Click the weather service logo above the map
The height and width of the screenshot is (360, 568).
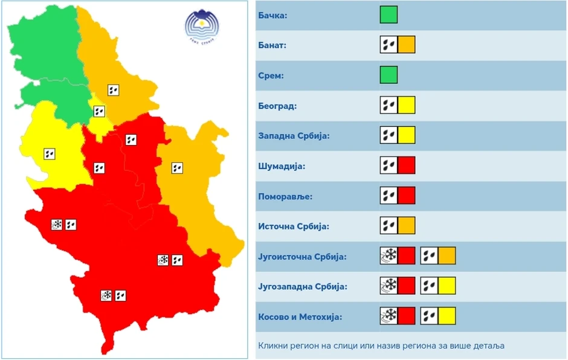pos(202,27)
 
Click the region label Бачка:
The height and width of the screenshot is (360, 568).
pos(273,15)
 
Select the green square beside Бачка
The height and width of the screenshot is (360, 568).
pos(389,14)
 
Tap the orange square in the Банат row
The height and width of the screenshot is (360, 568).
pos(407,45)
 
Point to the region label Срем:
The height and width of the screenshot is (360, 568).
pos(271,76)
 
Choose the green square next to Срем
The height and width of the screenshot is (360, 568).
pos(389,75)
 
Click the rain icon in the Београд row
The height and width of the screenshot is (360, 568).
pos(389,105)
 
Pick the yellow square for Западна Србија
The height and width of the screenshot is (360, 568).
pos(407,135)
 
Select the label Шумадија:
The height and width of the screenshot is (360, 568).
pos(282,166)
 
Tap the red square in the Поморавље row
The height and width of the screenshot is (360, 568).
pos(407,196)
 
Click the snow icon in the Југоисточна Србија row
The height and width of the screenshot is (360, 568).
pos(389,256)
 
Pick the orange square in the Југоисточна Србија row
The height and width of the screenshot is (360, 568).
pos(447,256)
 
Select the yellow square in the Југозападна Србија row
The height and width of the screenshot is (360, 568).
pos(447,286)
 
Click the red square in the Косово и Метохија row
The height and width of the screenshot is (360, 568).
pos(407,316)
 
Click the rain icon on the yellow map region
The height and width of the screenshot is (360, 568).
pos(50,154)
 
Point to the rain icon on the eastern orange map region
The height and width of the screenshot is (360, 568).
pos(177,167)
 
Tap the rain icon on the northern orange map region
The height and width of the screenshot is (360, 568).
pos(113,90)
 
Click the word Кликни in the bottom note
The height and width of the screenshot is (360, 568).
pos(274,346)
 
